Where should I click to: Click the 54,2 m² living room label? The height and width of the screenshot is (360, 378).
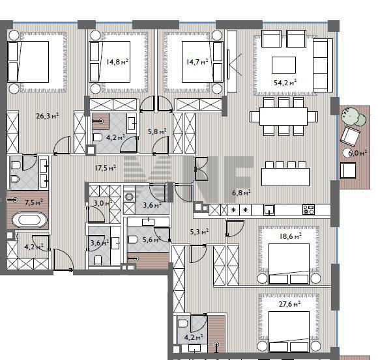(285, 83)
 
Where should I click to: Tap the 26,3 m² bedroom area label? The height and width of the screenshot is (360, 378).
(47, 116)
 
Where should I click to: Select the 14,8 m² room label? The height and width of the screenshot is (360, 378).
(117, 62)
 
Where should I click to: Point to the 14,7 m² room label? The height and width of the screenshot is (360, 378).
(197, 62)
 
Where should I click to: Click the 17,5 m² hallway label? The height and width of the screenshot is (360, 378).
(106, 167)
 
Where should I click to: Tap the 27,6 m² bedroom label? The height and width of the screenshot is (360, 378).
(289, 304)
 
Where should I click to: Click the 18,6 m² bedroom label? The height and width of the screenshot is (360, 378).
(290, 236)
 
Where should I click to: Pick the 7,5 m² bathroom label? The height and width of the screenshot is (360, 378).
(34, 202)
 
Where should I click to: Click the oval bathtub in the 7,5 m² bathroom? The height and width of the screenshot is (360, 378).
(30, 219)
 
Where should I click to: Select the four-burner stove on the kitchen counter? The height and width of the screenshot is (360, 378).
(308, 210)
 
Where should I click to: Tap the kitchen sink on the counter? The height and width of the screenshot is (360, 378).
(269, 209)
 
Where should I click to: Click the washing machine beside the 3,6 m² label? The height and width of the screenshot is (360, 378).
(129, 197)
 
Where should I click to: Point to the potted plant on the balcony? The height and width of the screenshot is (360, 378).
(353, 117)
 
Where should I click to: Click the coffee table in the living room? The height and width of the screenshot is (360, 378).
(283, 65)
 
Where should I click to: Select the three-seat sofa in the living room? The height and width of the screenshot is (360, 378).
(323, 65)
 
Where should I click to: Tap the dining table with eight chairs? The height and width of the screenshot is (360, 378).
(283, 117)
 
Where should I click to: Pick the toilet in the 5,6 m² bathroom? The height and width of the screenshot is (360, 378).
(133, 240)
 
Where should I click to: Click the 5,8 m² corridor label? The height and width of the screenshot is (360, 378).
(157, 132)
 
